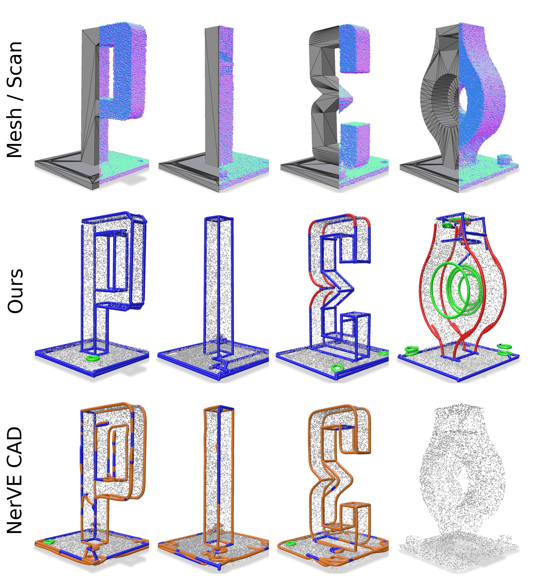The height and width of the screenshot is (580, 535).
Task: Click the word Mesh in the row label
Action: (x=15, y=132)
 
